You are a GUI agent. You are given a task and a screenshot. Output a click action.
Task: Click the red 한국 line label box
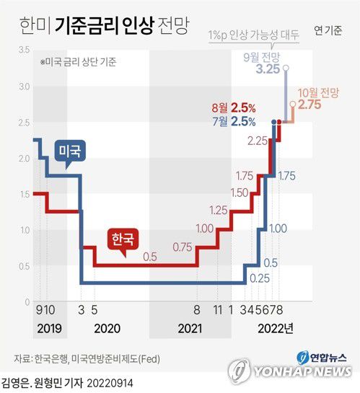(x=123, y=239)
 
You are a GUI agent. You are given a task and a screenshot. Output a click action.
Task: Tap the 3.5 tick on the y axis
(x=24, y=50)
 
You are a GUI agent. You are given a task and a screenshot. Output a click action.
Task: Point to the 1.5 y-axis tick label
(x=24, y=194)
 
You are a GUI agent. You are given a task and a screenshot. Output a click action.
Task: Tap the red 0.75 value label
(x=183, y=247)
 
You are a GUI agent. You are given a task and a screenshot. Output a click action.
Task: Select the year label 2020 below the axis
(x=107, y=328)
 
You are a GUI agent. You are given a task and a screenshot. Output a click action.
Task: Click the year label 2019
(x=48, y=328)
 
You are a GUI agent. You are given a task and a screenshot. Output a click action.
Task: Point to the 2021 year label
(x=190, y=328)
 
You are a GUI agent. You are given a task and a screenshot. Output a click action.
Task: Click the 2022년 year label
(x=275, y=328)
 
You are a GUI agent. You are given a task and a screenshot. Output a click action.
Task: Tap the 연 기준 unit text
(x=328, y=30)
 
